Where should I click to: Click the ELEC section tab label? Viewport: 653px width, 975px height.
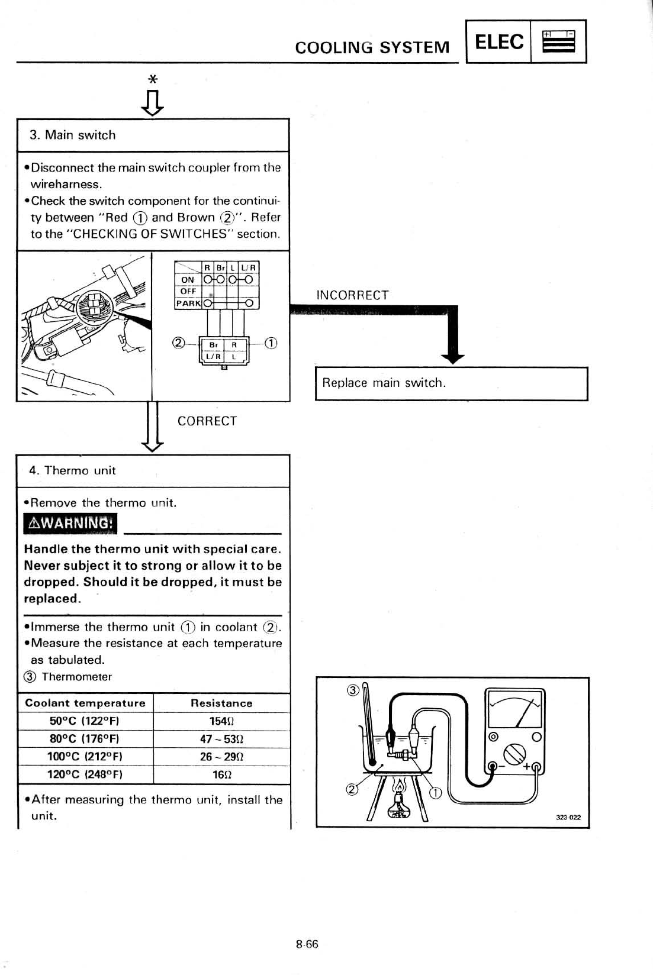pyautogui.click(x=499, y=42)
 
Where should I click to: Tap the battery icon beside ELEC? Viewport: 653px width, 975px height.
pyautogui.click(x=558, y=42)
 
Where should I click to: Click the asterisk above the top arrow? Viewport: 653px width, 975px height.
pyautogui.click(x=153, y=79)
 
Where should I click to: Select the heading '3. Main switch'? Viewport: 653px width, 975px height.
pyautogui.click(x=73, y=135)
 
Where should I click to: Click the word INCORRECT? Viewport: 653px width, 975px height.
pyautogui.click(x=352, y=295)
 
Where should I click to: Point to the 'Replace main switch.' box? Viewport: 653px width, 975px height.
pyautogui.click(x=451, y=383)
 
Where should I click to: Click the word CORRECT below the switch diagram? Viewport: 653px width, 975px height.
pyautogui.click(x=207, y=421)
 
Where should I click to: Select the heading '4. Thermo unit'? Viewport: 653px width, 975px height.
pyautogui.click(x=72, y=470)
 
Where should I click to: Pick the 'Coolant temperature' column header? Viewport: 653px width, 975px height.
pyautogui.click(x=85, y=703)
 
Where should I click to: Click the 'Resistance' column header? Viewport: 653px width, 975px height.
pyautogui.click(x=221, y=703)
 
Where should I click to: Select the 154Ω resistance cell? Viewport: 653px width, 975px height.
pyautogui.click(x=221, y=721)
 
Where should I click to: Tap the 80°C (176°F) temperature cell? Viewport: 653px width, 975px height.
pyautogui.click(x=85, y=738)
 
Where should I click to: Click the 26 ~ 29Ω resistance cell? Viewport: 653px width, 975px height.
pyautogui.click(x=221, y=756)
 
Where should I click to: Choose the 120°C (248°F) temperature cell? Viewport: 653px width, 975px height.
pyautogui.click(x=85, y=774)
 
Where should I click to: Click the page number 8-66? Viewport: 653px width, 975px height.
pyautogui.click(x=307, y=944)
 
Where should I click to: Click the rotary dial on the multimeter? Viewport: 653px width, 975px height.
pyautogui.click(x=514, y=754)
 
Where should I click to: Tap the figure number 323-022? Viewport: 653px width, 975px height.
pyautogui.click(x=568, y=817)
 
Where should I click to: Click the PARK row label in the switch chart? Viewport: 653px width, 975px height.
pyautogui.click(x=188, y=303)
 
